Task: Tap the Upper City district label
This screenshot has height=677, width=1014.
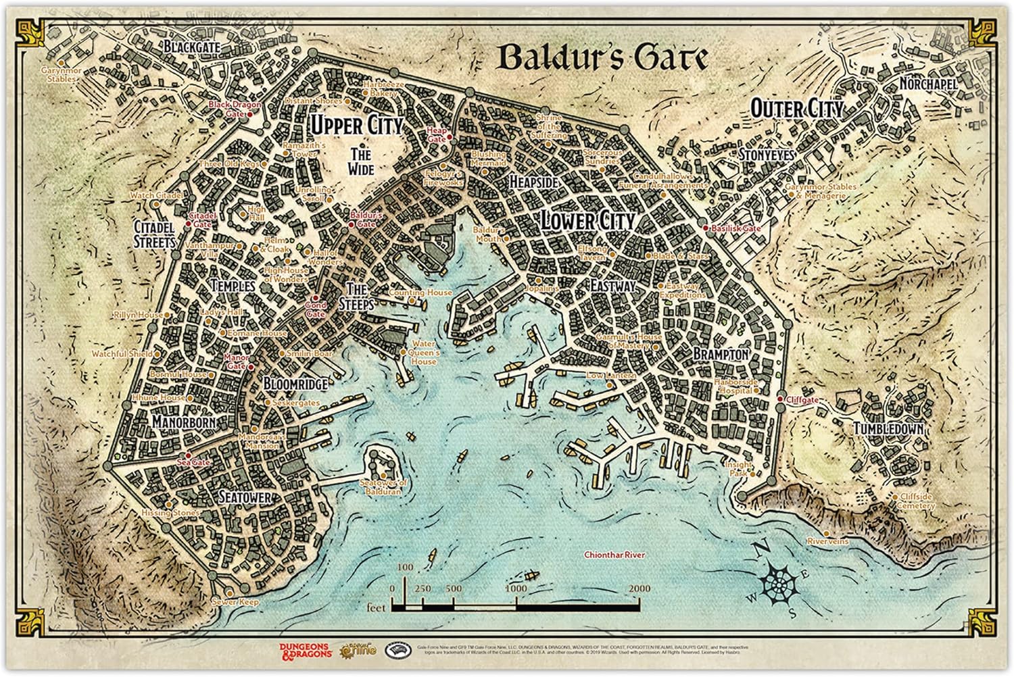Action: tap(356, 125)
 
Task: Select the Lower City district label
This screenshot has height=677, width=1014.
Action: tap(587, 220)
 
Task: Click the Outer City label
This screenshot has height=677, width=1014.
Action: tap(798, 109)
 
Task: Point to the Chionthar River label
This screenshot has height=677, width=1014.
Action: tap(614, 555)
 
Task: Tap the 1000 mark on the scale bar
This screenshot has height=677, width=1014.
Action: tap(516, 588)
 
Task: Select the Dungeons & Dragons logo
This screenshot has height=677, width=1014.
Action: tap(304, 650)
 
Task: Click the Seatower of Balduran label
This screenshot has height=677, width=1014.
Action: tap(383, 487)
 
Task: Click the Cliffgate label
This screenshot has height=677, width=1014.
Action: tap(802, 400)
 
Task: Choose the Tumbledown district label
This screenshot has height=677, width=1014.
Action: tap(888, 429)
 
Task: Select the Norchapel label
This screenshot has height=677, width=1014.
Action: tap(928, 84)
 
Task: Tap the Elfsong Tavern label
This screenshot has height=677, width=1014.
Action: tap(592, 253)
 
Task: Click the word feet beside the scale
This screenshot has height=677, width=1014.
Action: tap(375, 607)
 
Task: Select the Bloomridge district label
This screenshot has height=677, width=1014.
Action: tap(295, 384)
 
